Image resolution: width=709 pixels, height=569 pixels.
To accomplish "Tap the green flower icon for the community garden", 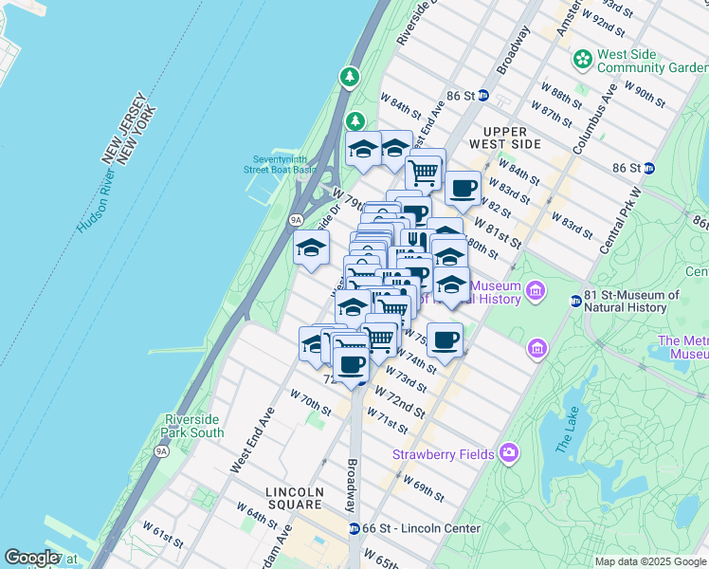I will [582, 60].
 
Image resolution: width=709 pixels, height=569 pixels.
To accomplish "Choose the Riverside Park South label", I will [194, 426].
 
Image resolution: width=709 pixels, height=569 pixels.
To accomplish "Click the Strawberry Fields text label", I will [444, 454].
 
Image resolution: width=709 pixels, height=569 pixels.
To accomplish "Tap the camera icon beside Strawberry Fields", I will [510, 453].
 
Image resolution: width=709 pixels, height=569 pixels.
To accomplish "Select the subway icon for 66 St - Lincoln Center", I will [354, 528].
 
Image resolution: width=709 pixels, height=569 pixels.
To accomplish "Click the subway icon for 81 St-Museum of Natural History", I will [575, 302].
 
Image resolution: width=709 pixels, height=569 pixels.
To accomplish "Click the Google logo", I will [31, 558].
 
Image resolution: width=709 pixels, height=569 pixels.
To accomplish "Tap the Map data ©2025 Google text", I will [649, 561].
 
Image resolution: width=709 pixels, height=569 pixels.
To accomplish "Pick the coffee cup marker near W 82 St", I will [463, 188].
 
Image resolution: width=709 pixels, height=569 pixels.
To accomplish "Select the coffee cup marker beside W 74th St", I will [444, 339].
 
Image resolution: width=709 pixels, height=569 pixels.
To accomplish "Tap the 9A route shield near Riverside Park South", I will [162, 450].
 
